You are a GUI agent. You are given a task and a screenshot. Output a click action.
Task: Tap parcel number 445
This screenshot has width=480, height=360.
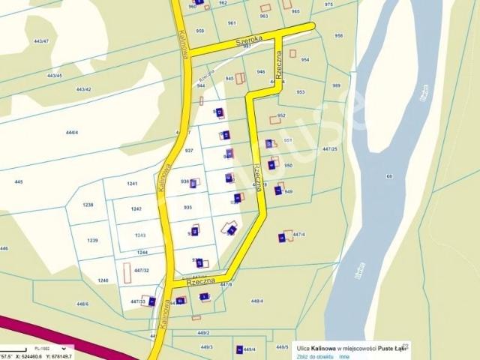pos(18,181)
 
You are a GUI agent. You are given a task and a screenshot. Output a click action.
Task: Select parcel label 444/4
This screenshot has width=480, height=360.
pos(72,132)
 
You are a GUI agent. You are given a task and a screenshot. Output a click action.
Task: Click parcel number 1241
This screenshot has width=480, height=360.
pos(133,184)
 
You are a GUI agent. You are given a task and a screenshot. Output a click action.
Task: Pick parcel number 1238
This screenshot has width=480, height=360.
pos(88,205)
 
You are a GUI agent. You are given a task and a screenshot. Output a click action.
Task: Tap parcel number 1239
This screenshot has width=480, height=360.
pos(93,240)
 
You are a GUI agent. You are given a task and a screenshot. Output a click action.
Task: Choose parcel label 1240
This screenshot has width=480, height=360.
pos(103,280)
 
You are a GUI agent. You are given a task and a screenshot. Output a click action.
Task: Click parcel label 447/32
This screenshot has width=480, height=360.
pos(141,270)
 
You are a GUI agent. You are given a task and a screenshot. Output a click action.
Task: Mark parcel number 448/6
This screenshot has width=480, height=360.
pos(82,304)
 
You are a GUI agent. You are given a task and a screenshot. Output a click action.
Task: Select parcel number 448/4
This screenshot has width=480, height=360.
pos(256,301)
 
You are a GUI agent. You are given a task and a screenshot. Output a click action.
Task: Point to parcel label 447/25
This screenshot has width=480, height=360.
pos(330,149)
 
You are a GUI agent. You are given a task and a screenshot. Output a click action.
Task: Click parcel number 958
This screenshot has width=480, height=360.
pos(338,35)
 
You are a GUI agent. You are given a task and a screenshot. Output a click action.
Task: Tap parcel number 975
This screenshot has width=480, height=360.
pos(328,4)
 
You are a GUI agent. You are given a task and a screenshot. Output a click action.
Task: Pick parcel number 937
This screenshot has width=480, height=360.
pos(189,151)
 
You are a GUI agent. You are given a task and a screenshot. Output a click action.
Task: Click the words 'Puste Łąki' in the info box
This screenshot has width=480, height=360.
pos(391,348)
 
